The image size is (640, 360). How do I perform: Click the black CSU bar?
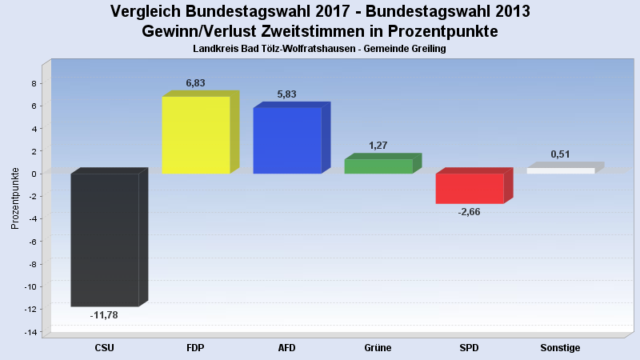point(105,239)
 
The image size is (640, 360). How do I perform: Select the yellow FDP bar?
point(196,134)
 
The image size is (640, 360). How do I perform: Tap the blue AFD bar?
point(287,140)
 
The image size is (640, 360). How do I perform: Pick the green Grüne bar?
point(378,166)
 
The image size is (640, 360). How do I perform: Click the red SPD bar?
point(470,188)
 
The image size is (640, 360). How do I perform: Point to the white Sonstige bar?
point(561,170)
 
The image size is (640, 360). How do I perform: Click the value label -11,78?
point(104,315)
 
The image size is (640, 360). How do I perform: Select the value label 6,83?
point(197,83)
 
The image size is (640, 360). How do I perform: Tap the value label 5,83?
point(286,94)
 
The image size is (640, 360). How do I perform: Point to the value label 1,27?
point(378,146)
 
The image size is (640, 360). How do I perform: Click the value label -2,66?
point(469,212)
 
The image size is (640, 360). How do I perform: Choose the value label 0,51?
point(560,154)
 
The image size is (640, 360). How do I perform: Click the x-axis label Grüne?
point(378,348)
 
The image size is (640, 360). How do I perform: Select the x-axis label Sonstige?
point(560,348)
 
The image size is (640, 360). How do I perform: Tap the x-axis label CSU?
point(105,348)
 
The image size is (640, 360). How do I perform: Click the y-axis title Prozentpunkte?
point(15,198)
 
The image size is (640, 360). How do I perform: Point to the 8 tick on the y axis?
point(33,83)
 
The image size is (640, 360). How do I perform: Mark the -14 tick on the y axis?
point(30,332)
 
